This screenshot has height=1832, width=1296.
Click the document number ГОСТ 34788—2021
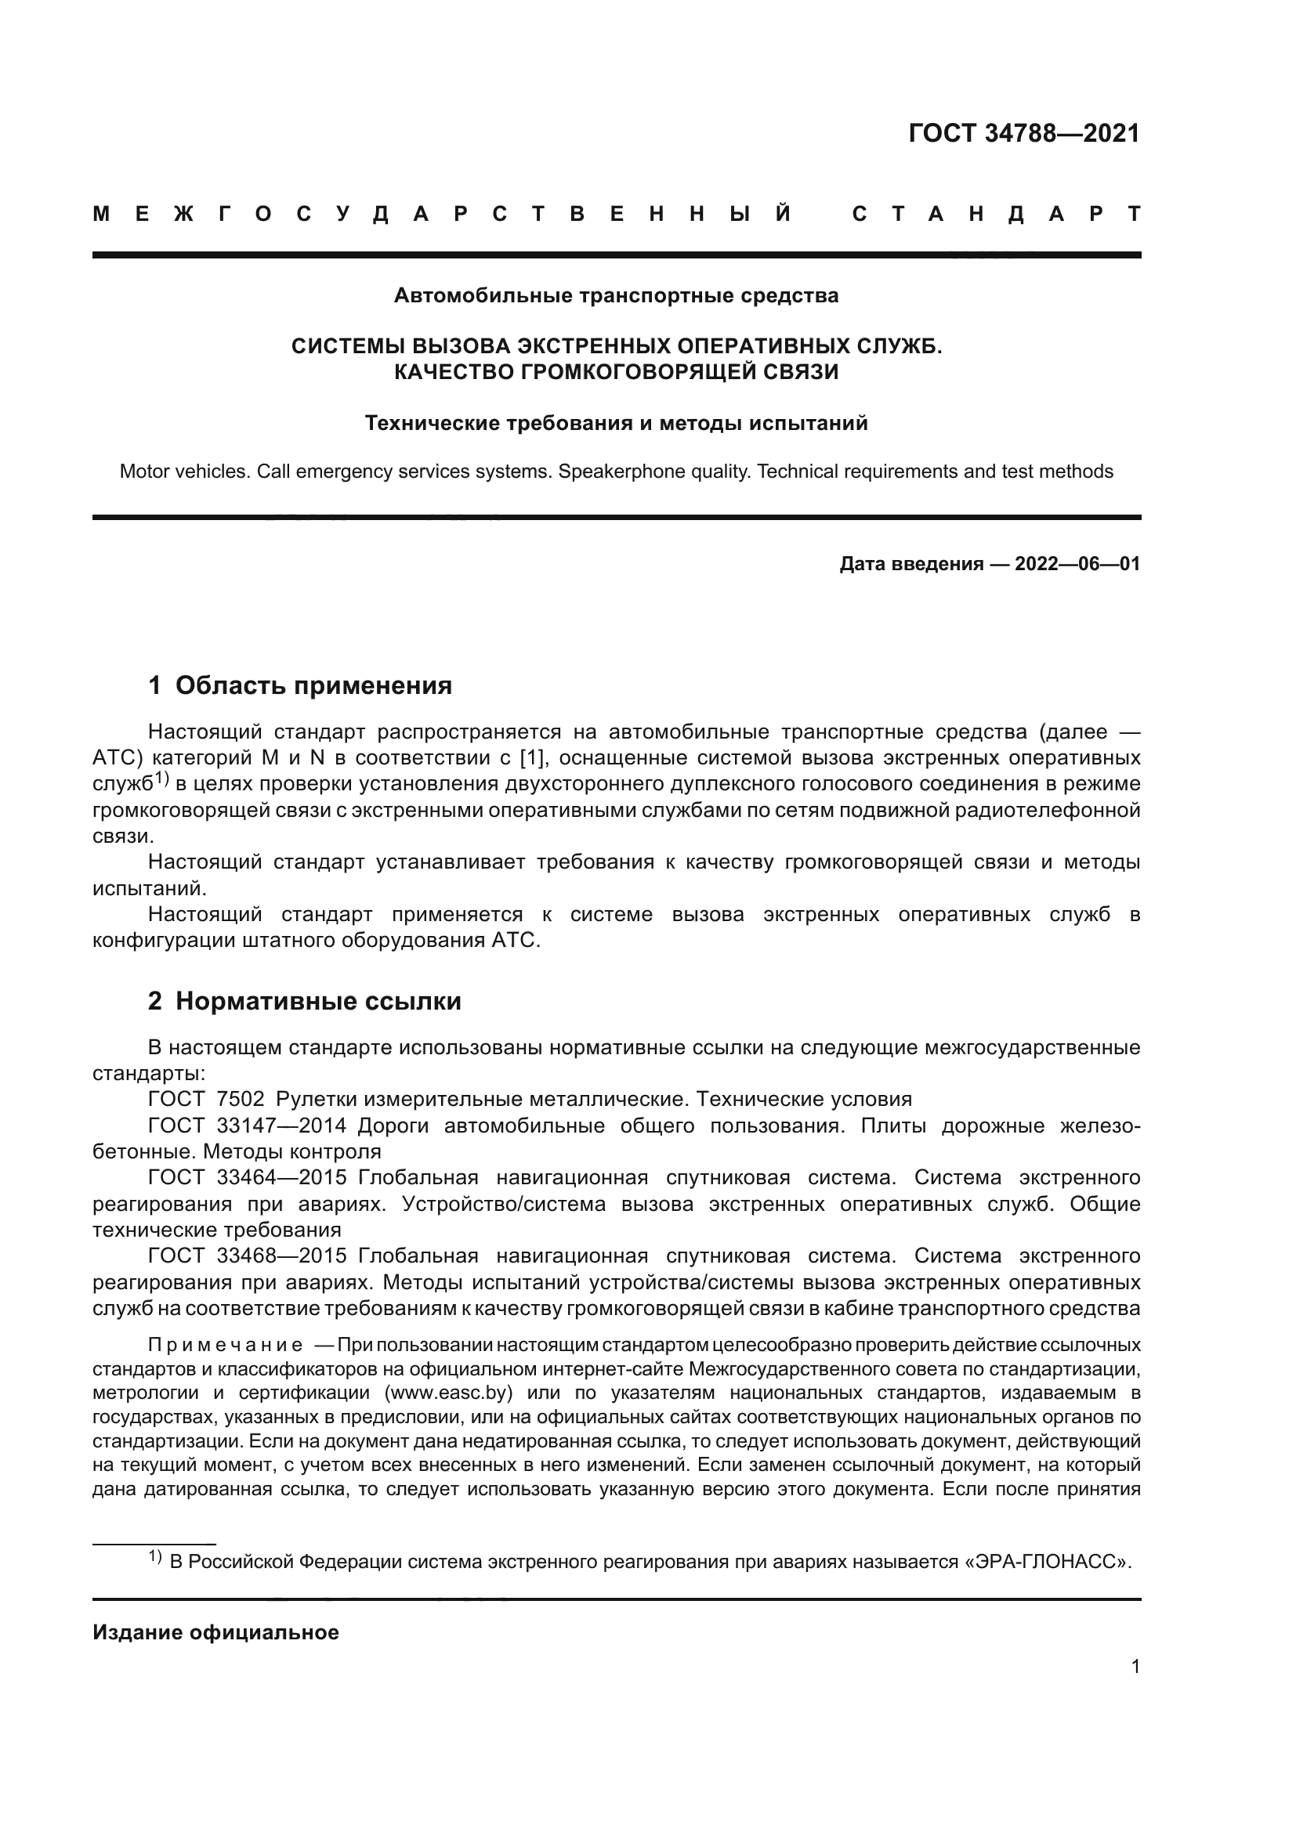(1024, 133)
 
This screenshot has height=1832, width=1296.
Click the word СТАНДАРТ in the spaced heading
(997, 214)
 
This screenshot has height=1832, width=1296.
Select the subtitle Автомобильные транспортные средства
(616, 296)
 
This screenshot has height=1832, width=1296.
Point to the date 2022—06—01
(1077, 564)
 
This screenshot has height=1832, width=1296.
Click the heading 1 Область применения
(300, 685)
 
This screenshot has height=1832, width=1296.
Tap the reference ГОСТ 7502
(206, 1099)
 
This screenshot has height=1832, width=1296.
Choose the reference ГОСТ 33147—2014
(247, 1126)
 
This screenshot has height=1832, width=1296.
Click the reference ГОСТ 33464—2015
(247, 1178)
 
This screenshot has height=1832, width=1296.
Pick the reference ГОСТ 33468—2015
(247, 1256)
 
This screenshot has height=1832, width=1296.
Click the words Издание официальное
(215, 1632)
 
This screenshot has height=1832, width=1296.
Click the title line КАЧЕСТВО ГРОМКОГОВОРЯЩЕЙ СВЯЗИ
(616, 372)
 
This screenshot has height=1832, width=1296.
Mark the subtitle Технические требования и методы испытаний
(616, 423)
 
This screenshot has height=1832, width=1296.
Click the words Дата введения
(910, 564)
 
